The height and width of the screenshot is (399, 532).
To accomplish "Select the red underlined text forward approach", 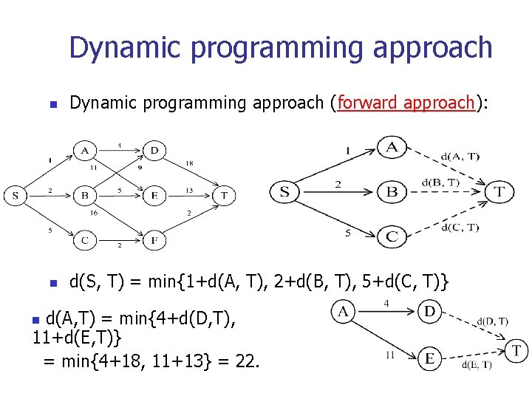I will point(405,103).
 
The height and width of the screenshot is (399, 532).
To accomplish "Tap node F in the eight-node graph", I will point(154,240).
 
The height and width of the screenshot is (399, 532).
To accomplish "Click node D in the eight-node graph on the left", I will point(154,151).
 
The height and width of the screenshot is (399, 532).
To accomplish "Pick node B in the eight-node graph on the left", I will point(85,196).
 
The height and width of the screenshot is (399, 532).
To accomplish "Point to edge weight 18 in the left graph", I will point(189,162).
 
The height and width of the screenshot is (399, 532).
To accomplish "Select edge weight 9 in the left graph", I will point(139,168).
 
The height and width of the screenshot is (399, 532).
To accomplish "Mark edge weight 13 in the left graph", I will point(188,190).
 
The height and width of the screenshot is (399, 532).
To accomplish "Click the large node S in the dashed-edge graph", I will point(284,192).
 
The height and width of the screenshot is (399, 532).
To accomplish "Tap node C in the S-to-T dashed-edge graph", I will point(392,236).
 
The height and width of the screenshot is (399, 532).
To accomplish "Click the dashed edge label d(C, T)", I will point(460,228).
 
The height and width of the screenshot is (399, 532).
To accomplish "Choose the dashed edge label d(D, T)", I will point(491,321).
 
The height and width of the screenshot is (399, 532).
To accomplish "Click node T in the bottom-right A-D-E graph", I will point(516,349).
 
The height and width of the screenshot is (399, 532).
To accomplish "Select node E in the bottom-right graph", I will point(429,358).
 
